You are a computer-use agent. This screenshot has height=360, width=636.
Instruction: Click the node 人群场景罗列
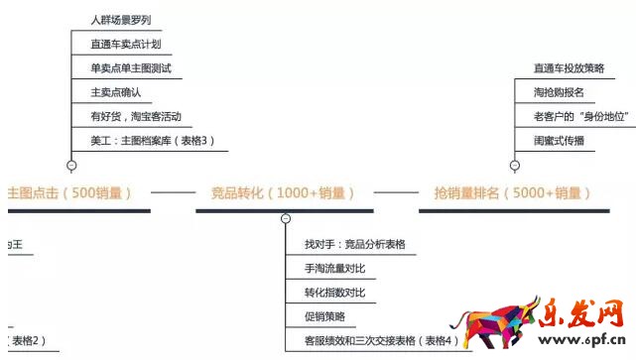coord(120,20)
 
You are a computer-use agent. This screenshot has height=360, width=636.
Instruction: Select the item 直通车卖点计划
coord(125,45)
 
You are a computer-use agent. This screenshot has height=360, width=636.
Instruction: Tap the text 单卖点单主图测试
coord(131,68)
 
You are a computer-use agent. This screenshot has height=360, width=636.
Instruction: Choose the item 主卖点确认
coord(115,92)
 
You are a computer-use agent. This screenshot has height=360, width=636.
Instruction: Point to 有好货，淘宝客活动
coord(135,117)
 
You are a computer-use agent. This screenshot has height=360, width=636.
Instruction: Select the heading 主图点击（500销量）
coord(69,192)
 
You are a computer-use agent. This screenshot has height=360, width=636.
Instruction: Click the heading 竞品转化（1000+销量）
coord(284,192)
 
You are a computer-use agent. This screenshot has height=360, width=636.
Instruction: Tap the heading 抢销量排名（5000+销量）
coord(512,192)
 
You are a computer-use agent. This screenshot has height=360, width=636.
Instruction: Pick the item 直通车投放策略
coord(569,68)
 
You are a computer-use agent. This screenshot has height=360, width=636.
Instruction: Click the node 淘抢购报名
coord(559,92)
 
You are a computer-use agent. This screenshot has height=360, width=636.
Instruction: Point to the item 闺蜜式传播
coord(559,141)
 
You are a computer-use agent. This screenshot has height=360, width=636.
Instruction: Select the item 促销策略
coord(325,317)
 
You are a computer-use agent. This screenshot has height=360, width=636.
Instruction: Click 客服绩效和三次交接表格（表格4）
coord(382,341)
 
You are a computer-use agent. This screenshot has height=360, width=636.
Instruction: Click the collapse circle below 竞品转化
coord(286,218)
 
